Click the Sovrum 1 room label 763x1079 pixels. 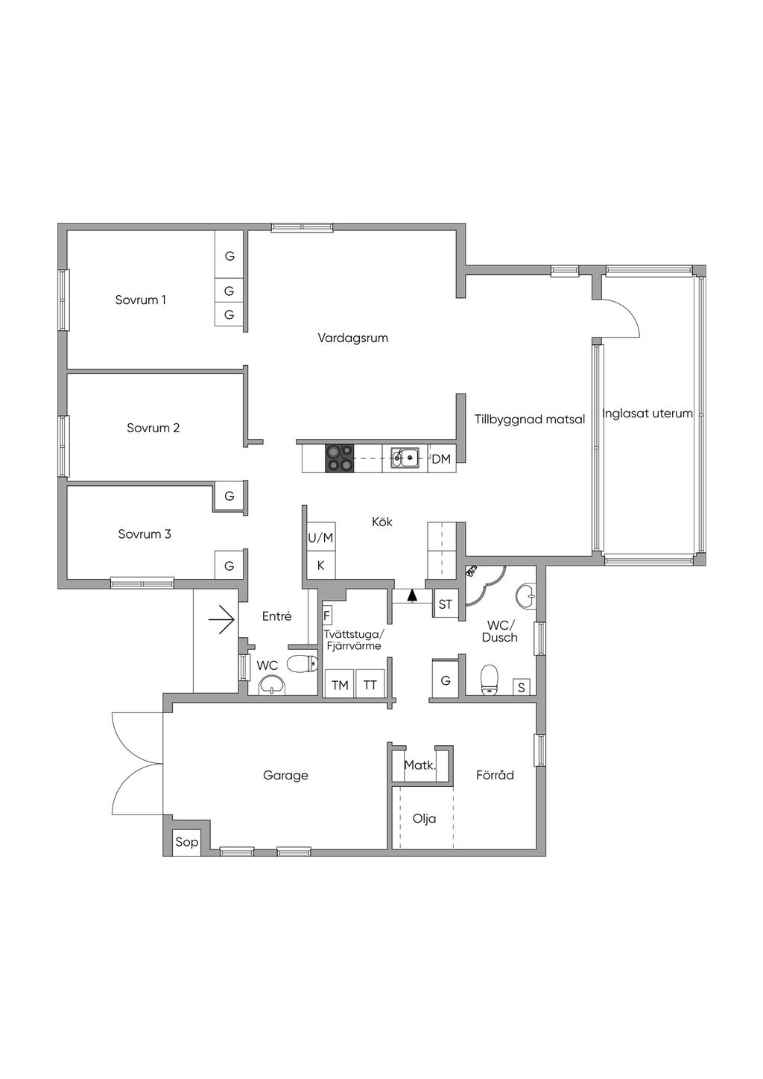140,300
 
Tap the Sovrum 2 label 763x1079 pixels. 153,428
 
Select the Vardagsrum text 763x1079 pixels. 352,338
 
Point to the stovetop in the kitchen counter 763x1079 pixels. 340,458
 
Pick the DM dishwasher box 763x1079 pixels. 442,458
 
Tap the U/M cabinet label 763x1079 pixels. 321,537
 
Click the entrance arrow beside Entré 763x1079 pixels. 221,619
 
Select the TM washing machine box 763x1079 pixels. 340,685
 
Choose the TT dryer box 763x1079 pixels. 370,685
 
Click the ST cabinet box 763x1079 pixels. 445,604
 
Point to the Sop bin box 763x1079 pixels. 186,842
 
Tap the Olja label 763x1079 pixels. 425,818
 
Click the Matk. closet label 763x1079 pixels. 420,765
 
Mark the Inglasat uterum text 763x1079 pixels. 648,414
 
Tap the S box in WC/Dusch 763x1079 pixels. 521,687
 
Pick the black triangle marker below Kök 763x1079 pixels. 412,596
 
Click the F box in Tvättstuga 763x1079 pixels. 326,616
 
